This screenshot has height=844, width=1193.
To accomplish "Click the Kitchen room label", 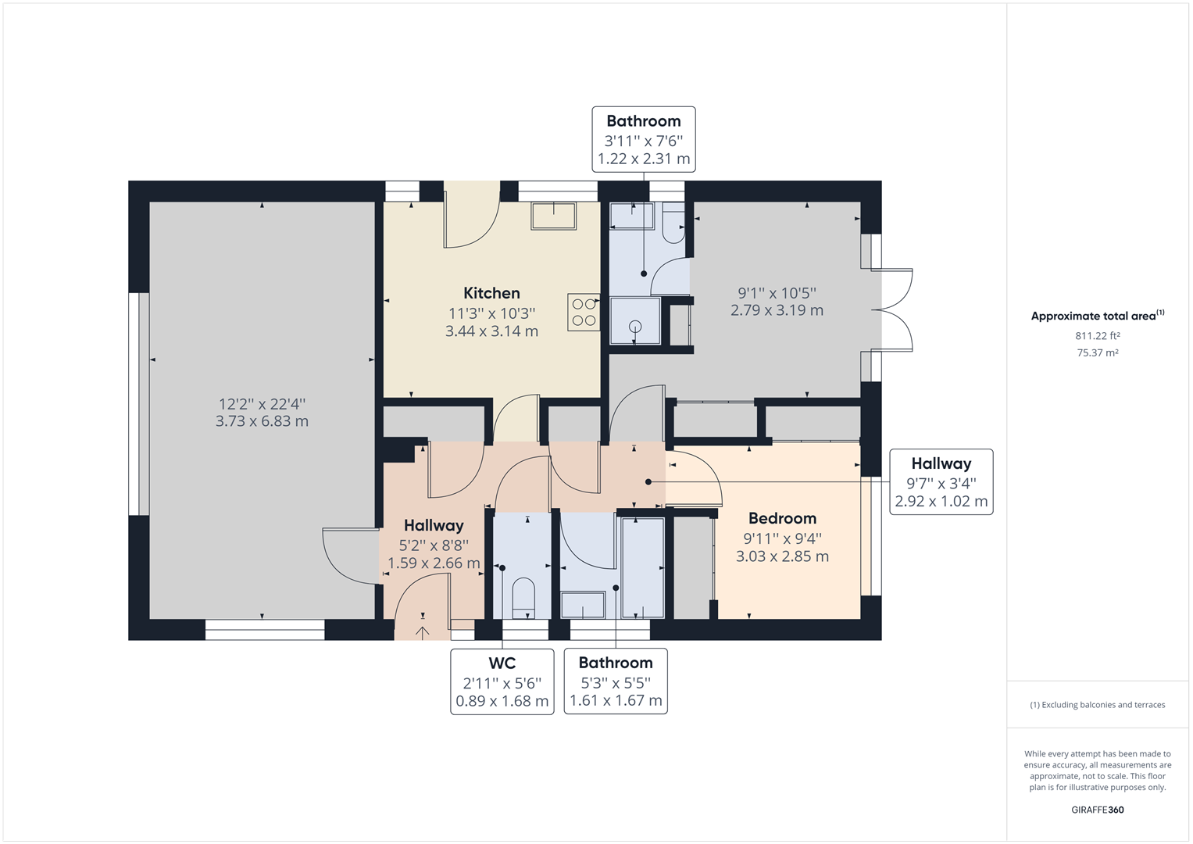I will tap(491, 293).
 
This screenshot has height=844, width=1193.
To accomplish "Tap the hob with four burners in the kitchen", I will tap(583, 312).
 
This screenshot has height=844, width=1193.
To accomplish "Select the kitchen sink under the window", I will tap(553, 216).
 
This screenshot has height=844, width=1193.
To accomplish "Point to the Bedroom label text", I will tap(782, 518).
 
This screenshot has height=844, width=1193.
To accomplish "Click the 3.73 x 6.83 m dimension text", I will tap(262, 422).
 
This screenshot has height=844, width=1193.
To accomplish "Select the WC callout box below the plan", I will tap(502, 681).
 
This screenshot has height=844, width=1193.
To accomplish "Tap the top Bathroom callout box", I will tap(644, 139).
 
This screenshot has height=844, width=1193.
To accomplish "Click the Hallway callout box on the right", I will tap(941, 482).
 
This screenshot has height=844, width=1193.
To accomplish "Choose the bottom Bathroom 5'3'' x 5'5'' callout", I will tap(616, 681).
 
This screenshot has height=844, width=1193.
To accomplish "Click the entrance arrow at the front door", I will tap(423, 632).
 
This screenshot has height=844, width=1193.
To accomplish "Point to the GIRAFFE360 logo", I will tap(1097, 810).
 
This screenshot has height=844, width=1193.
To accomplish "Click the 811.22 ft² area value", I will tap(1097, 336).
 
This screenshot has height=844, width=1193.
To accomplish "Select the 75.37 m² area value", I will tap(1097, 353).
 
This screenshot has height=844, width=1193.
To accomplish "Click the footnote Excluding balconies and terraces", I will tap(1097, 705).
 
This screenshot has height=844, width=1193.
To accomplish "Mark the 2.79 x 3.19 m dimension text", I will tap(777, 310).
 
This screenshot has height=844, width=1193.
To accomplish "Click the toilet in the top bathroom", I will tap(673, 224).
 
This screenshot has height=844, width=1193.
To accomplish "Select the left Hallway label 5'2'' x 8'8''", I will tap(434, 544).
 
